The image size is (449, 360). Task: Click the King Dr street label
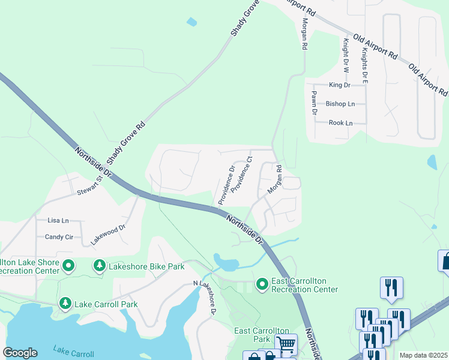coord(339,85)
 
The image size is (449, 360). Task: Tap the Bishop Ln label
coord(340,104)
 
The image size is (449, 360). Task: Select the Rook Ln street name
coord(340,123)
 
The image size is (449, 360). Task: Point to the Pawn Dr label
coord(313,100)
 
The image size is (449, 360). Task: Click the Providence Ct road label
coord(243,173)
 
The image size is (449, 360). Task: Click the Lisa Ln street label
coord(58,220)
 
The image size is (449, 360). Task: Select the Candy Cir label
coord(59,237)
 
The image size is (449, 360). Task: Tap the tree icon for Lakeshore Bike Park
coord(100,265)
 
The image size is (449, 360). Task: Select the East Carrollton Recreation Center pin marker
coord(262,283)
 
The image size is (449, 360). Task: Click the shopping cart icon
coord(286,344)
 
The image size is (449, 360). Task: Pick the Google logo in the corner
coord(20,353)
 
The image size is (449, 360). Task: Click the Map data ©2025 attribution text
coord(423,355)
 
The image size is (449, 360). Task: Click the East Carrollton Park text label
coord(261,335)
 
